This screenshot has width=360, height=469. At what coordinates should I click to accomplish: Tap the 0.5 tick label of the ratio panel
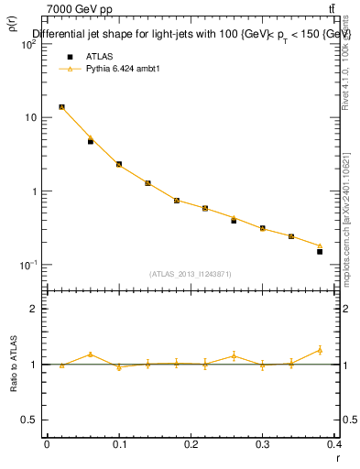click(x=28, y=420)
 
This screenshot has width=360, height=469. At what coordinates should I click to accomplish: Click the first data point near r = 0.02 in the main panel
click(x=61, y=107)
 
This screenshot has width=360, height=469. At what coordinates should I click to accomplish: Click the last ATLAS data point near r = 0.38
click(x=320, y=251)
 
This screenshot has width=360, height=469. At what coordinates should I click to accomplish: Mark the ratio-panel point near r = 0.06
click(x=91, y=354)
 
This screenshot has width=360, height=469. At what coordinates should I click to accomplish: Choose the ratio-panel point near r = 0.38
click(x=320, y=350)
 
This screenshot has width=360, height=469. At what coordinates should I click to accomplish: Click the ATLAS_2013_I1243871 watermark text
click(x=191, y=274)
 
